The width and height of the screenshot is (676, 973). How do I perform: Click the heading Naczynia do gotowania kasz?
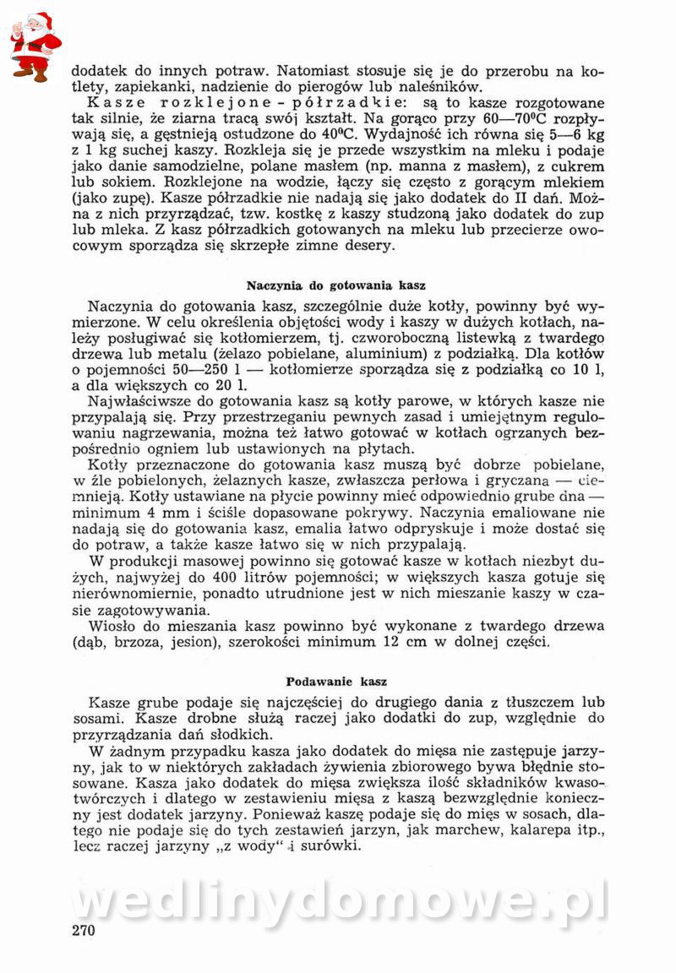335,285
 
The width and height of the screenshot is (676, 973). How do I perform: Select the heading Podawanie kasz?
335,680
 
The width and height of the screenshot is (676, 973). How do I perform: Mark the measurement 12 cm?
404,642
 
